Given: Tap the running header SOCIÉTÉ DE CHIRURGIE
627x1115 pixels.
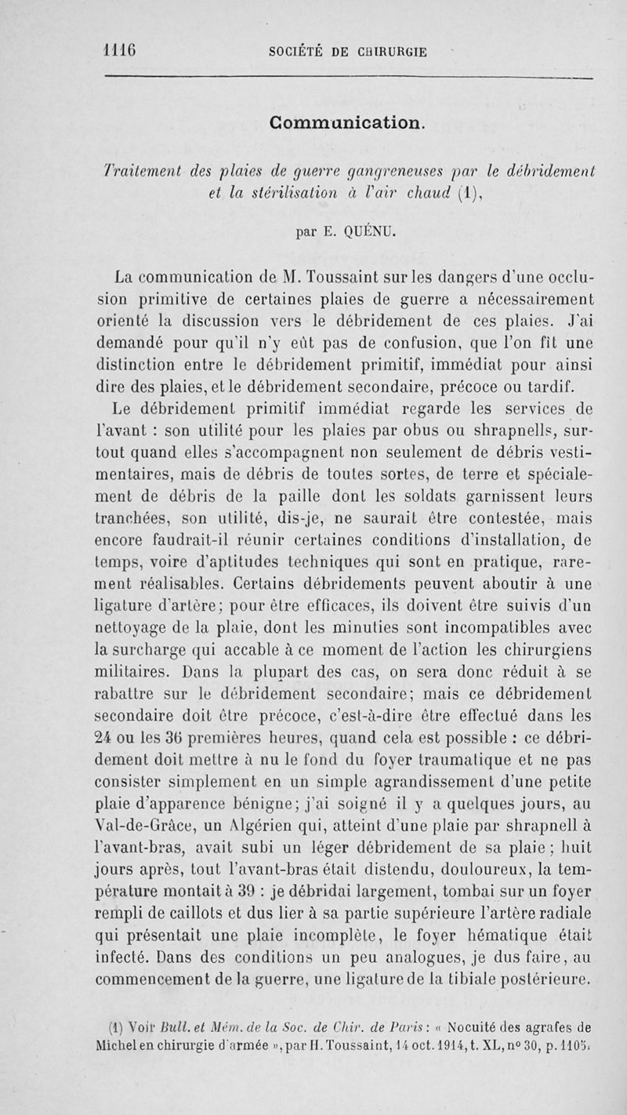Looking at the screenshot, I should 347,53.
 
